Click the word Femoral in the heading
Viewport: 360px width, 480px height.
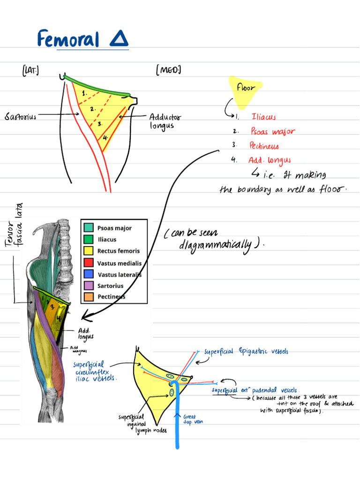click(x=68, y=39)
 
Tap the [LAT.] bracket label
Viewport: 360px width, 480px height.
click(x=30, y=71)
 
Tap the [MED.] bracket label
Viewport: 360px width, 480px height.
click(x=168, y=70)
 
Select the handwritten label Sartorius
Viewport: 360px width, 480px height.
click(x=21, y=116)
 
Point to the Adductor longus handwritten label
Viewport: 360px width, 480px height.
click(x=165, y=121)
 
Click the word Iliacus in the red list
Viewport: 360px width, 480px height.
click(x=264, y=117)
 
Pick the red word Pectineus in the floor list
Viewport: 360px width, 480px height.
click(x=265, y=146)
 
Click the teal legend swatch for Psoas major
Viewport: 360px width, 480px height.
click(x=89, y=228)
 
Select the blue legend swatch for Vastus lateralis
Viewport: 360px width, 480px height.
click(x=89, y=274)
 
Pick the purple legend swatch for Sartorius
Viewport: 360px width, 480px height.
click(x=89, y=285)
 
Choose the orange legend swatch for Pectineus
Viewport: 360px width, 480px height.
click(x=89, y=297)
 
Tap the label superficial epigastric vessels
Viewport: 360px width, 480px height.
click(x=247, y=352)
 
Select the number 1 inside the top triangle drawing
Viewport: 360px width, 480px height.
click(x=84, y=93)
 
